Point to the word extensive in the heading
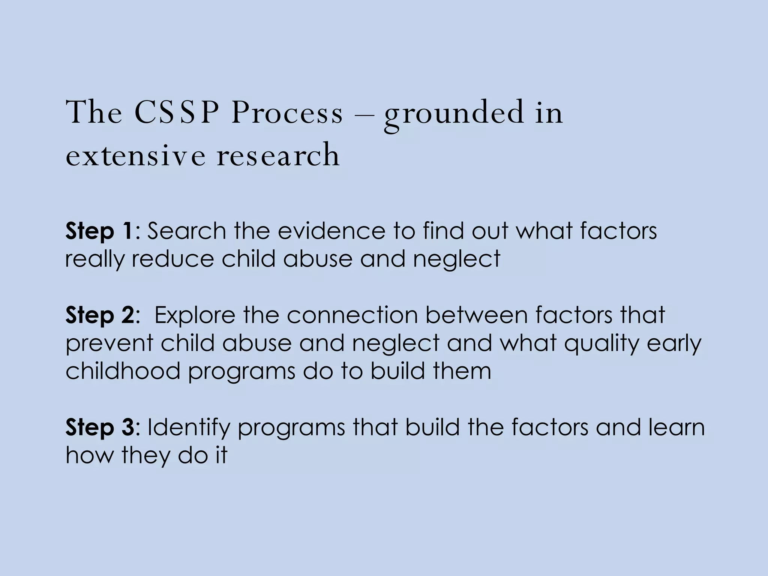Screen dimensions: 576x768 (x=135, y=155)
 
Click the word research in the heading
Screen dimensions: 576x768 (x=278, y=155)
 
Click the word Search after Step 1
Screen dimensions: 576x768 (x=186, y=231)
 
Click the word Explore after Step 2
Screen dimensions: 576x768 (x=195, y=316)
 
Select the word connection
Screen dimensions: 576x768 (x=352, y=315)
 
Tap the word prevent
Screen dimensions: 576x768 (x=109, y=343)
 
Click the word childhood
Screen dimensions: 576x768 (x=123, y=371)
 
